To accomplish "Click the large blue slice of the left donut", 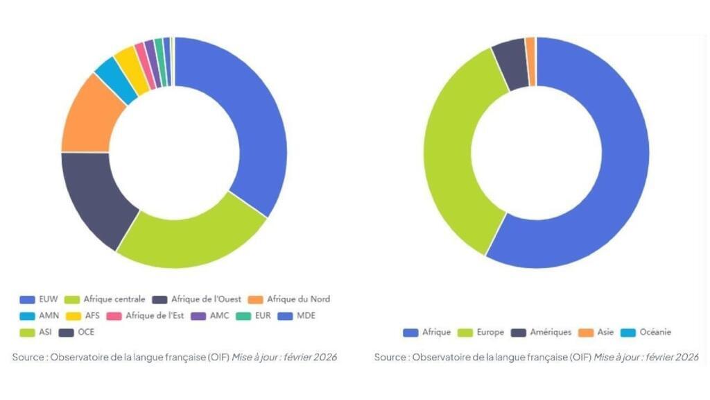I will tap(250, 118).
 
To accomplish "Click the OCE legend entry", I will tap(86, 332).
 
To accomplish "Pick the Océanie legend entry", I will tap(655, 332).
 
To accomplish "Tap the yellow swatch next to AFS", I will tap(76, 315).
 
